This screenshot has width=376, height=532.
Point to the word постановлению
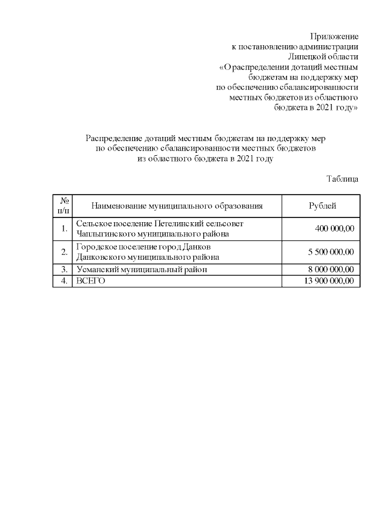267,46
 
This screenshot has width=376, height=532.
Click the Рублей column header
323,205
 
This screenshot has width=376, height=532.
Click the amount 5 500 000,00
331,252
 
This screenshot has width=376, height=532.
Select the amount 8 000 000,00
331,269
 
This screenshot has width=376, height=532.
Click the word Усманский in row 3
96,269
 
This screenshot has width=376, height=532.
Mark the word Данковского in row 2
100,257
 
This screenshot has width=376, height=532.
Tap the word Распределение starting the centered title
115,138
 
